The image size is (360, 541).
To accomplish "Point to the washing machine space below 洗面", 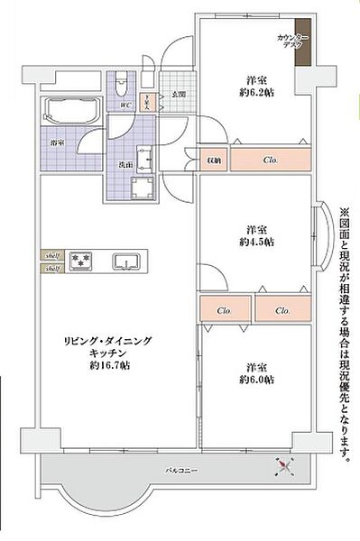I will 142,188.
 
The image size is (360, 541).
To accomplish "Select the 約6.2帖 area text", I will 253,90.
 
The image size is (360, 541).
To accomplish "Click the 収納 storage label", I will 214,160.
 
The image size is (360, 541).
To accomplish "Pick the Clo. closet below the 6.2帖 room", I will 271,160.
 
